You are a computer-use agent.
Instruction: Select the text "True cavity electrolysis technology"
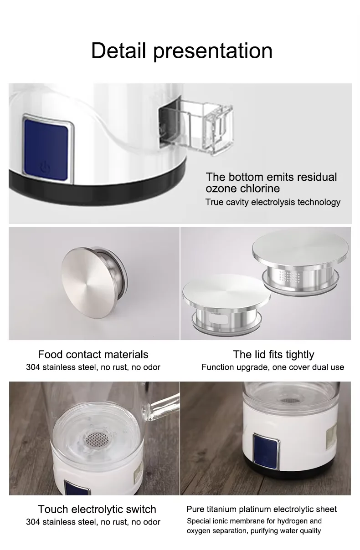[x=273, y=202]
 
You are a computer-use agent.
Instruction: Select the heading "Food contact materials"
[x=93, y=354]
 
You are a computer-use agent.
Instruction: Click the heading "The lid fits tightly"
[x=273, y=354]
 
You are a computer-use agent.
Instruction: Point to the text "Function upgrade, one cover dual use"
[x=273, y=367]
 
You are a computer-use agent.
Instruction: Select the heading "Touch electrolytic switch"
[x=97, y=509]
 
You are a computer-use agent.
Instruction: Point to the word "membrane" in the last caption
[x=252, y=521]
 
